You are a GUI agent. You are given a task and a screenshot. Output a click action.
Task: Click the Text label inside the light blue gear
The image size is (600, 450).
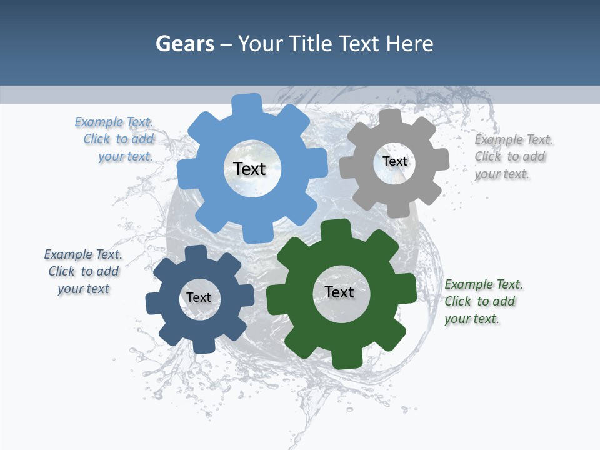249,169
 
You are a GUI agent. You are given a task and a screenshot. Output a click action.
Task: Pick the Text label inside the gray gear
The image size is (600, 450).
394,161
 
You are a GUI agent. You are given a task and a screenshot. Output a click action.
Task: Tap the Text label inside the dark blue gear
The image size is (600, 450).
199,297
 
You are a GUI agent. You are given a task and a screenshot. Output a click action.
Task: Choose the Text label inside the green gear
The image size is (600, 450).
339,292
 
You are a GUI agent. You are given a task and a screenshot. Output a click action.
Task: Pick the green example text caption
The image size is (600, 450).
482,301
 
